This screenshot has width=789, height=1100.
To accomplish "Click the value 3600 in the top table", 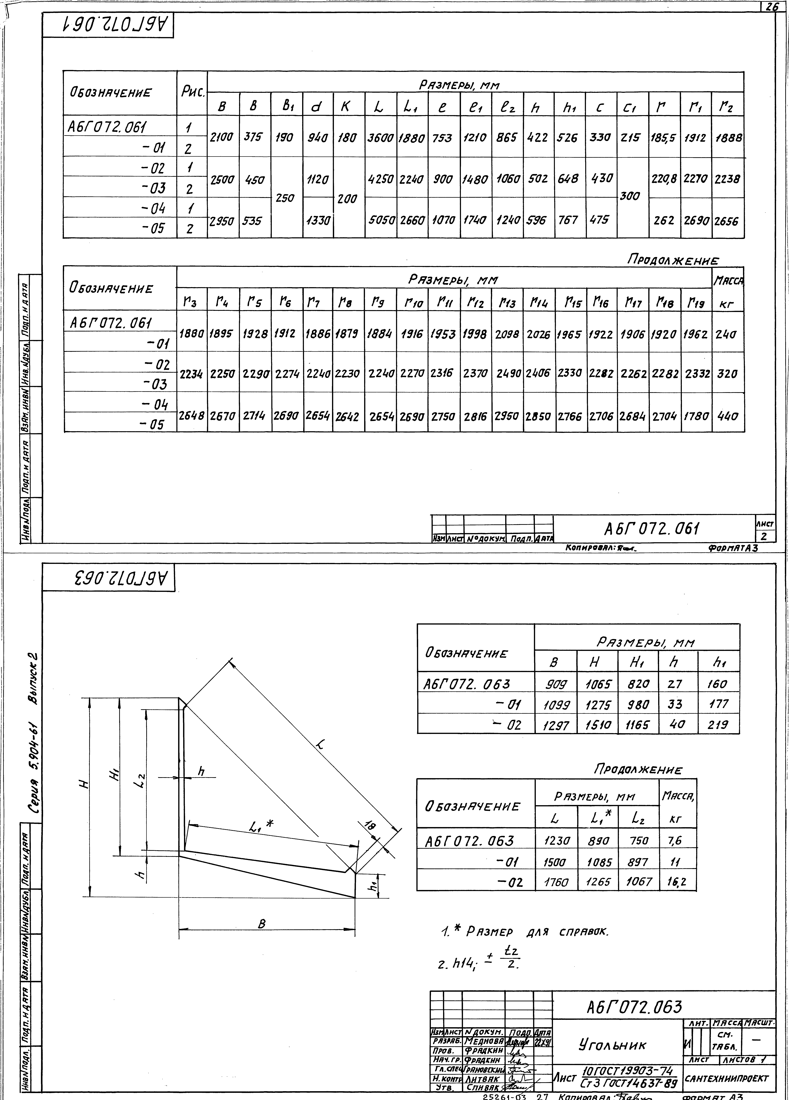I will coord(380,138).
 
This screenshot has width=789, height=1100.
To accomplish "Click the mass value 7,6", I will coord(675,840).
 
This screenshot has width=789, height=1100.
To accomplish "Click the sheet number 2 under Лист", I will coord(764,536).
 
